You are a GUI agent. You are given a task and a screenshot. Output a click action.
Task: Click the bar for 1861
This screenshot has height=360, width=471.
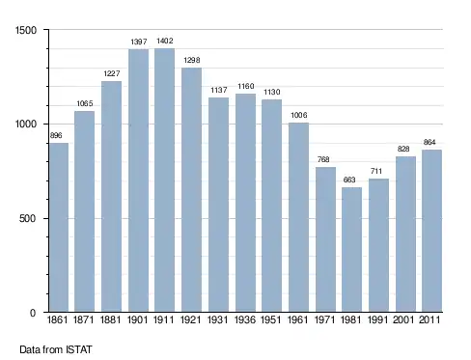(59, 228)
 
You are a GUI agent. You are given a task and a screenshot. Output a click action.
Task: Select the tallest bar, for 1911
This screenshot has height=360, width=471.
(164, 180)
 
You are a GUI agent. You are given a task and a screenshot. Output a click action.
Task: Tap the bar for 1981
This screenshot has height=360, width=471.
(351, 250)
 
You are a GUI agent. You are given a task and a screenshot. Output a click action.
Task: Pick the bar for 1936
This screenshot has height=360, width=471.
(245, 203)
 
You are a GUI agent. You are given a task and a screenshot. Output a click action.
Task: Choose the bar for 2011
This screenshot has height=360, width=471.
(431, 231)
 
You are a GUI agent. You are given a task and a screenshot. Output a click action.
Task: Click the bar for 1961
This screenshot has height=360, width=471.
(298, 217)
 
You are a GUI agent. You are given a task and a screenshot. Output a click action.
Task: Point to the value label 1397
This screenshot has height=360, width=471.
(139, 42)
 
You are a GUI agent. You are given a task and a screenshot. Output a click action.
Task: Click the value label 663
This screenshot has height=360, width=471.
(349, 180)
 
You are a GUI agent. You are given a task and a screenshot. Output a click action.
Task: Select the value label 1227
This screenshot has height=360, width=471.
(112, 73)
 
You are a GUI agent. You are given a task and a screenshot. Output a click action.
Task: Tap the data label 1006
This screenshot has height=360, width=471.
(299, 115)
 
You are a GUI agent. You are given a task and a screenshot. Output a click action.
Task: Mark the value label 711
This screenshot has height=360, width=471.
(376, 171)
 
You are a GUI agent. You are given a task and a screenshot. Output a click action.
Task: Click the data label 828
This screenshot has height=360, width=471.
(403, 149)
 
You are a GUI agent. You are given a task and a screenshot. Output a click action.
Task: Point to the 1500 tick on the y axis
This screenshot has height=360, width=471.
(26, 30)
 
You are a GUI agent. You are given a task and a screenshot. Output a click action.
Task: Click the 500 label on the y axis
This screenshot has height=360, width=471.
(28, 219)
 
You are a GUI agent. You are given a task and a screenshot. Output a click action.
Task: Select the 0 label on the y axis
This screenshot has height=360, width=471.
(33, 313)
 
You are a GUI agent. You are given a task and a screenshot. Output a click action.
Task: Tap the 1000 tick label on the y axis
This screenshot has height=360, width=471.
(26, 125)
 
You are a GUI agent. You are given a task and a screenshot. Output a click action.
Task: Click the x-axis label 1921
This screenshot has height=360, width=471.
(191, 319)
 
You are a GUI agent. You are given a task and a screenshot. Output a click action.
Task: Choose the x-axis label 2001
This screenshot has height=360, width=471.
(403, 319)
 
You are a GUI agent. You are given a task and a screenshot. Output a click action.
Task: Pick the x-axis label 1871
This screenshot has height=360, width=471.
(83, 319)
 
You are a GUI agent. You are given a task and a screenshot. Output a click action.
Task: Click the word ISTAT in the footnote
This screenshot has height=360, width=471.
(79, 349)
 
